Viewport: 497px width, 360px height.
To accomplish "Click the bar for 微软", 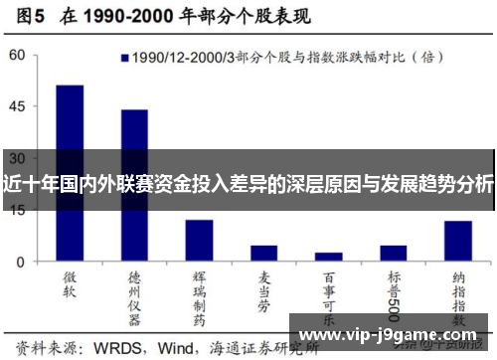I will [x=70, y=173].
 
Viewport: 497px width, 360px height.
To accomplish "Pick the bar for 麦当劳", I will [x=263, y=254].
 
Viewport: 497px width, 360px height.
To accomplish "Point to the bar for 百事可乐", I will [x=328, y=257].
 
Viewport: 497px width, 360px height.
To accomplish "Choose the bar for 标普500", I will [x=393, y=254].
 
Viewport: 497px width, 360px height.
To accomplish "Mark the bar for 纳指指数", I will [x=457, y=241].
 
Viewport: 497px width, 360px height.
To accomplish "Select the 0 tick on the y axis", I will [x=20, y=262].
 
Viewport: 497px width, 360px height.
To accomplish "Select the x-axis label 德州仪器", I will [x=134, y=293].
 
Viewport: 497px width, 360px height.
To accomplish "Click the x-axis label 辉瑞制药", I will [x=199, y=293].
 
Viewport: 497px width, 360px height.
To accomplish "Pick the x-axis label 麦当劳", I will [x=263, y=287].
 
